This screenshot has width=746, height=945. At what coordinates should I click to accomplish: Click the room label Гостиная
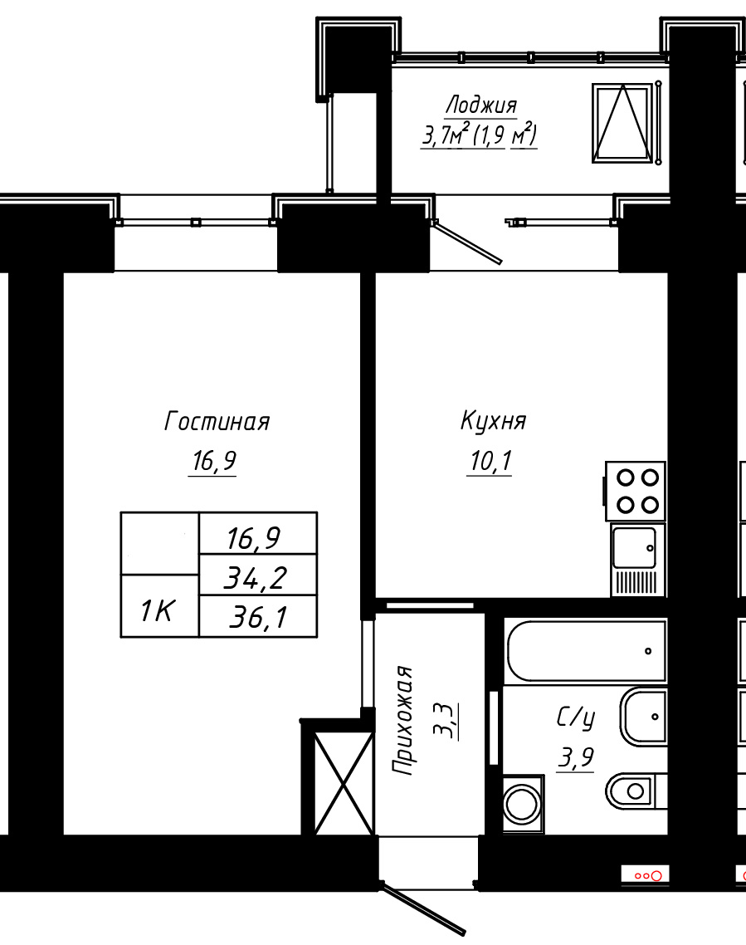tap(217, 421)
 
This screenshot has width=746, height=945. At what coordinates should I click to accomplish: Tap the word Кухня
tap(493, 421)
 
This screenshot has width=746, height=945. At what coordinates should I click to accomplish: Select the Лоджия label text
tap(481, 105)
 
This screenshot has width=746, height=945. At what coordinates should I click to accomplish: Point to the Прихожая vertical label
tap(402, 720)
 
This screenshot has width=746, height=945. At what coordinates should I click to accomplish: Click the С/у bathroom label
tap(576, 717)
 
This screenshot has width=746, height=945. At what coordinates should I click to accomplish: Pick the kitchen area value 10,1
tap(490, 461)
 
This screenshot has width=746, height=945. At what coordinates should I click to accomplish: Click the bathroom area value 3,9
tap(576, 757)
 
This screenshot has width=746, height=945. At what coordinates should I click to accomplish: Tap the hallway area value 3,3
tap(445, 720)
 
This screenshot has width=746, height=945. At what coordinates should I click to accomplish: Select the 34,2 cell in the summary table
tap(258, 575)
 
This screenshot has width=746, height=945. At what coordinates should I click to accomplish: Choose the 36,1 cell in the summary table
tap(258, 616)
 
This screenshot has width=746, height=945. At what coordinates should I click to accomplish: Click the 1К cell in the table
tap(159, 605)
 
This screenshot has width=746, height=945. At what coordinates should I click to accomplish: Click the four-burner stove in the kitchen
tap(635, 491)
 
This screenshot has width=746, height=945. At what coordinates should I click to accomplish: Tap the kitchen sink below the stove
tap(637, 560)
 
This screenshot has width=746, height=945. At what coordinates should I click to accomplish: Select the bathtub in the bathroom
tap(587, 651)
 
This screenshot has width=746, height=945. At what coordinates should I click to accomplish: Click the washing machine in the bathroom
tap(522, 804)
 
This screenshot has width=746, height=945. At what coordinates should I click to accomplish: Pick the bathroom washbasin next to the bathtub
tap(644, 717)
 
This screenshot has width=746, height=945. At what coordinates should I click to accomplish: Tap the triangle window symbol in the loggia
tap(622, 124)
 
